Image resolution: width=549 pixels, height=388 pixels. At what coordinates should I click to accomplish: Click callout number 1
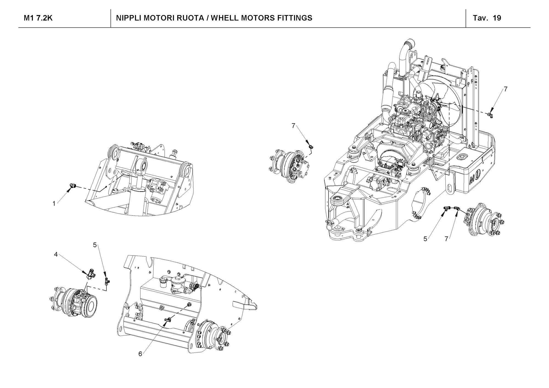pyautogui.click(x=54, y=204)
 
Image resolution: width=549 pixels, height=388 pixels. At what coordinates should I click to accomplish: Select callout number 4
pyautogui.click(x=56, y=255)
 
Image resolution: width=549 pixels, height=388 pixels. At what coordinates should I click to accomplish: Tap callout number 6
pyautogui.click(x=140, y=354)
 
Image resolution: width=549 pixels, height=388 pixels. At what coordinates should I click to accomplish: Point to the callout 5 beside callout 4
pyautogui.click(x=95, y=245)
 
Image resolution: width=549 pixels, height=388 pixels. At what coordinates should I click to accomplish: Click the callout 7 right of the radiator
pyautogui.click(x=506, y=89)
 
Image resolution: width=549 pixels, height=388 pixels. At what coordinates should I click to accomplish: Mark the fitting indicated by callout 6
pyautogui.click(x=168, y=319)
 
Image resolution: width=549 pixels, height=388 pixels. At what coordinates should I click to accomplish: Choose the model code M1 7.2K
pyautogui.click(x=38, y=18)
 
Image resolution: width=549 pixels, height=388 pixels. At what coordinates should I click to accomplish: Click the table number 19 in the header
pyautogui.click(x=497, y=18)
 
